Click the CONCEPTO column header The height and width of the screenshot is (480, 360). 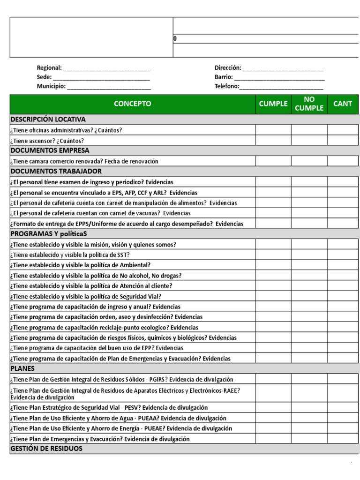(x=133, y=104)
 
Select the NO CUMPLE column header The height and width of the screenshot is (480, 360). (x=309, y=104)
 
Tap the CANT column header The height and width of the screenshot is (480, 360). (x=342, y=104)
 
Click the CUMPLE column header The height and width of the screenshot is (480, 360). (x=273, y=104)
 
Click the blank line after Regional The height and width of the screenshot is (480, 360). (x=107, y=68)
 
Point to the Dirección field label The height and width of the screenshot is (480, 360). (x=228, y=68)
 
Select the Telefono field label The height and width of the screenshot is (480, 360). (x=227, y=86)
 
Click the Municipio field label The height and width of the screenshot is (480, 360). (x=51, y=86)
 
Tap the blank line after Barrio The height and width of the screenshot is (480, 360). (x=279, y=77)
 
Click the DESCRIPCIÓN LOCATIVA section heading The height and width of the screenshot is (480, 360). (x=48, y=120)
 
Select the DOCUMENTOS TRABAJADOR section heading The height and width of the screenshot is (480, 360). (x=56, y=171)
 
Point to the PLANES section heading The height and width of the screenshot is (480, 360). (x=22, y=368)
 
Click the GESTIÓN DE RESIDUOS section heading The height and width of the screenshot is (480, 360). (x=46, y=449)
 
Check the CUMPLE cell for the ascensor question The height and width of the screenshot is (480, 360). (x=273, y=140)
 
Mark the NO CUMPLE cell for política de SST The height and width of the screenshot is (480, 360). (x=309, y=255)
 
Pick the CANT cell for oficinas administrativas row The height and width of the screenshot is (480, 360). (x=342, y=130)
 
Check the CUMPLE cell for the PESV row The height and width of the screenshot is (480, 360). (x=273, y=407)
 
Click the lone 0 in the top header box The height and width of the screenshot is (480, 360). (x=175, y=39)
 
